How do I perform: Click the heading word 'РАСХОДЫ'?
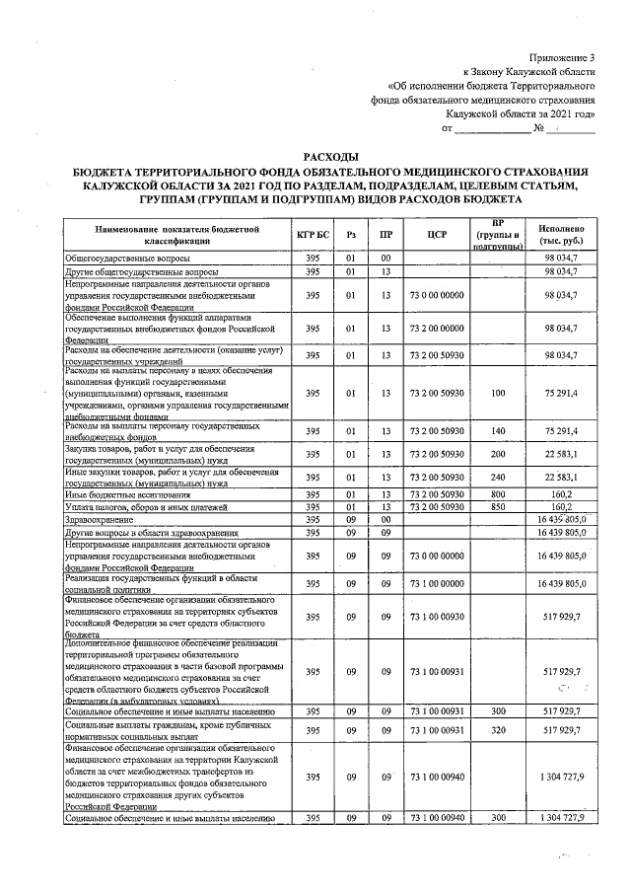(x=332, y=157)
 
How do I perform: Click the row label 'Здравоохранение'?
(x=97, y=519)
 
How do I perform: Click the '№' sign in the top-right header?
(x=538, y=129)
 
